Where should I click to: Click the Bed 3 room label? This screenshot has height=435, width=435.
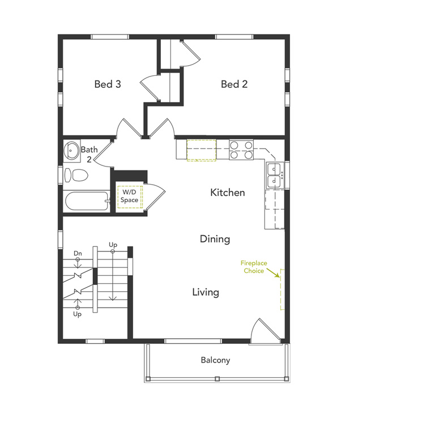point(108,84)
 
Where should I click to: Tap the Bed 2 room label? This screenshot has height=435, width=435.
point(234,84)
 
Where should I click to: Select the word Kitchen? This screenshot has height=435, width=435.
point(228,193)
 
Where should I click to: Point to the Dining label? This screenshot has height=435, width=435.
point(215,239)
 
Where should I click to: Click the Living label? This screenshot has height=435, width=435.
point(205,292)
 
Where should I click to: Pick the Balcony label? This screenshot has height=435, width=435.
point(215,360)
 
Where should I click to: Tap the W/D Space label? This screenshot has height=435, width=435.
point(130,196)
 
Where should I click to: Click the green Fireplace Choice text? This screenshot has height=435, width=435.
point(254,267)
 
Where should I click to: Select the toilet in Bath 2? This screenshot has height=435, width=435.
point(76,174)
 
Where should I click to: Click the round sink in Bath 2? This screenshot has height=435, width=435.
point(72,151)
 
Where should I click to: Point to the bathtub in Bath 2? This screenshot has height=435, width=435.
point(86,202)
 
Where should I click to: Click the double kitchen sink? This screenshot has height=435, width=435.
point(275,174)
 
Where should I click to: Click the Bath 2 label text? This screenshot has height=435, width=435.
point(89,154)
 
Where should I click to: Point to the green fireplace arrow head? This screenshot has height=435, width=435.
point(280,276)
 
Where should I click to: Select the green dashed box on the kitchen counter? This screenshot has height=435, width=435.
point(201,150)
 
